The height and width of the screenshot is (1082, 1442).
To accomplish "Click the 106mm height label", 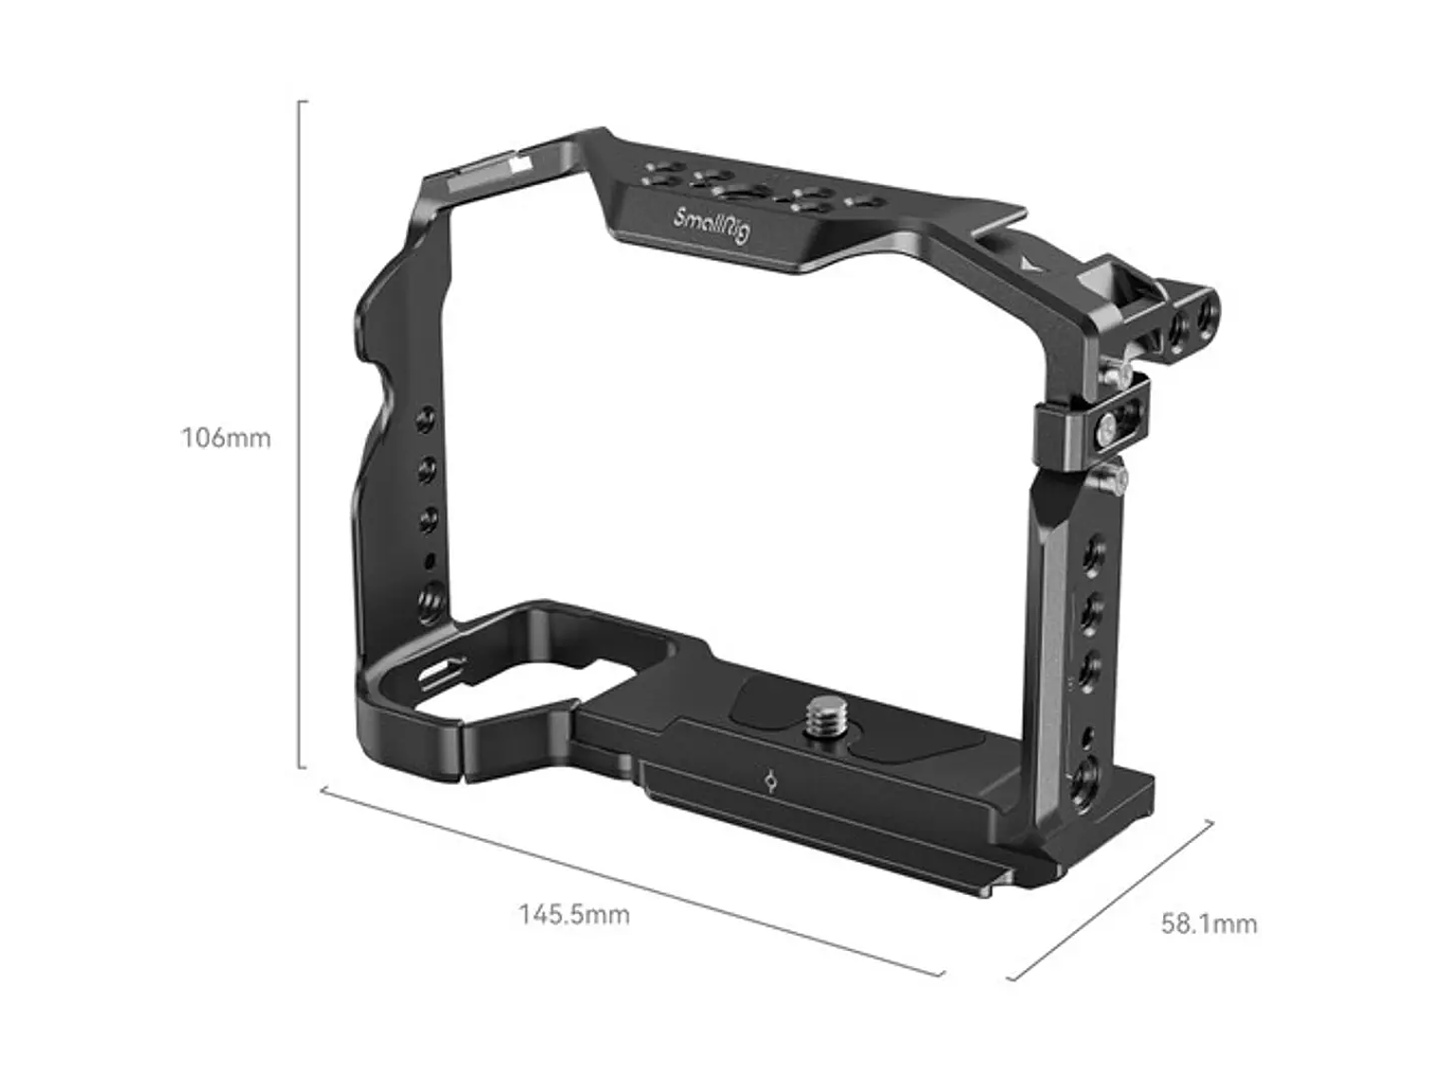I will tap(226, 438).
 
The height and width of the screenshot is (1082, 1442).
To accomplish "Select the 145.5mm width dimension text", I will tap(574, 915).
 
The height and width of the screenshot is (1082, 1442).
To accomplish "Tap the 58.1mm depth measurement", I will tap(1209, 923).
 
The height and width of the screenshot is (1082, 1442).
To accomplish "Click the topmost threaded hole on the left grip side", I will tap(428, 419).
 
